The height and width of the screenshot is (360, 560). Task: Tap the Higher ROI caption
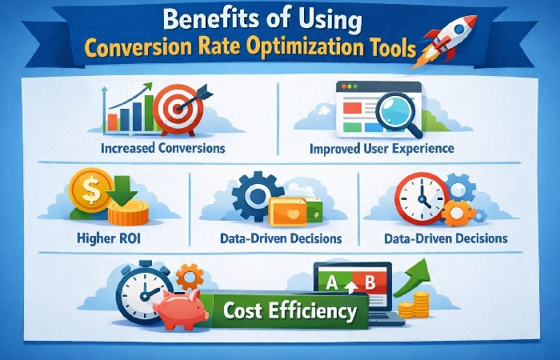click(x=108, y=238)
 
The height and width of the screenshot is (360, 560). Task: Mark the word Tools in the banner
click(x=389, y=50)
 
